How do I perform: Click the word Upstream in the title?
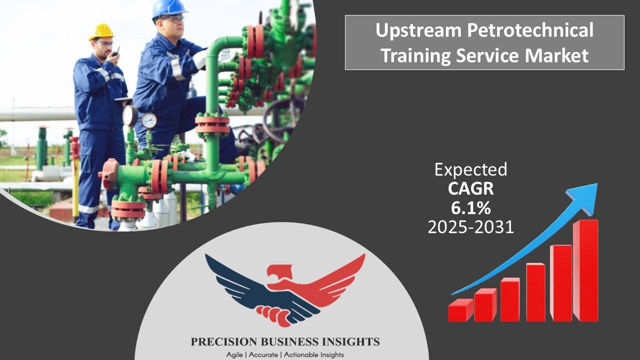point(418,31)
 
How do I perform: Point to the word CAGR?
point(470,188)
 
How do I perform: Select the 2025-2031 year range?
point(470,227)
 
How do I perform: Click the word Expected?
point(470,169)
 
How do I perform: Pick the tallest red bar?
point(585,270)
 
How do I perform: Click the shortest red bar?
point(460,310)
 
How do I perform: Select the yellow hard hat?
point(101,32)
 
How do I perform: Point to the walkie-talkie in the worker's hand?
point(115,52)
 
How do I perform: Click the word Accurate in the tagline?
point(263,355)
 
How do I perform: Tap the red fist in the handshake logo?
point(273,315)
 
